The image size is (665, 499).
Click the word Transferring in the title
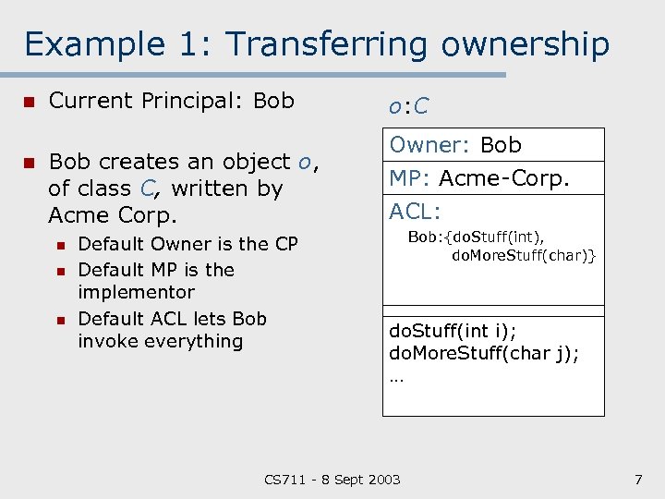click(328, 44)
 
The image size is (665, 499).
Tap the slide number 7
click(637, 479)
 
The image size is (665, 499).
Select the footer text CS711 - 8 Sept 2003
click(332, 479)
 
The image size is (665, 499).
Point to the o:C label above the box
click(407, 106)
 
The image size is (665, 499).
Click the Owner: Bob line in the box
click(455, 145)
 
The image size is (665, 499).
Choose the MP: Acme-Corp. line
click(479, 177)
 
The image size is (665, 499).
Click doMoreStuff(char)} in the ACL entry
click(523, 254)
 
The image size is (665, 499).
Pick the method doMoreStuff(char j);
click(484, 353)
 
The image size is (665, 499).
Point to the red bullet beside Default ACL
click(59, 320)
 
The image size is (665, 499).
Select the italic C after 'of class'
click(145, 189)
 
